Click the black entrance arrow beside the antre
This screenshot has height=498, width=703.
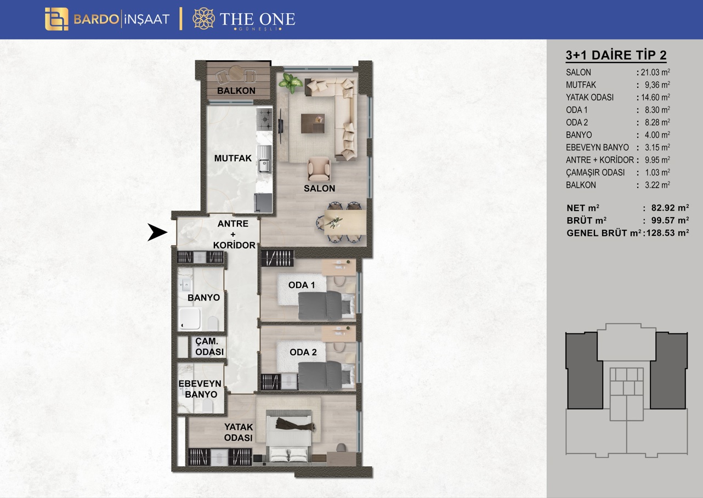[158, 233]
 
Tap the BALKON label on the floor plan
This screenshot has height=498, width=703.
[236, 90]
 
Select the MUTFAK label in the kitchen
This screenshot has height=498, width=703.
[233, 158]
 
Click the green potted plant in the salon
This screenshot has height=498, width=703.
[290, 83]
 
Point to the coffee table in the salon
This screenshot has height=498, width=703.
[313, 123]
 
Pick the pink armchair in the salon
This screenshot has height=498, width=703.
[319, 169]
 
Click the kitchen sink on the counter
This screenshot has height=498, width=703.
[264, 166]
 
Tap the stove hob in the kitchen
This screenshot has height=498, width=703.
[264, 119]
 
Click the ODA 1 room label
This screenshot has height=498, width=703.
[301, 285]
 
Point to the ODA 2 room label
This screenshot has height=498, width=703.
[303, 352]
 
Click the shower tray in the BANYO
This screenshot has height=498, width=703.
[190, 318]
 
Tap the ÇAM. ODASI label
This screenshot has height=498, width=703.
[209, 347]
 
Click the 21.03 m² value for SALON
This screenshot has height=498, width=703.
[655, 72]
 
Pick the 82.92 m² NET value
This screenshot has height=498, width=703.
[670, 208]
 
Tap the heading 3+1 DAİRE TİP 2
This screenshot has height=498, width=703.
[616, 55]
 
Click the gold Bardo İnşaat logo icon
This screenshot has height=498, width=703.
[56, 19]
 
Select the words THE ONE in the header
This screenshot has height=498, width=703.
[257, 19]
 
